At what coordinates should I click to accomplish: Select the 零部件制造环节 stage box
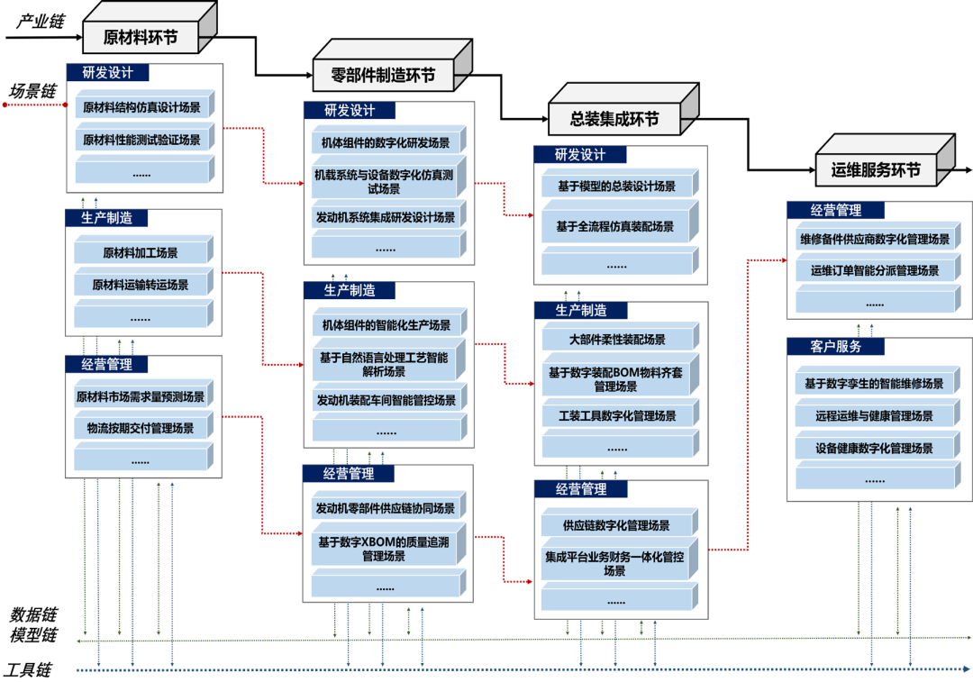(383, 76)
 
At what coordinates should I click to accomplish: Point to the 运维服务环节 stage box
(868, 169)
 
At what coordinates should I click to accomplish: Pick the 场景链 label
(33, 91)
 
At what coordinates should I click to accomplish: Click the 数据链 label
(33, 615)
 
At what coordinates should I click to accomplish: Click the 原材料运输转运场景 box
(141, 285)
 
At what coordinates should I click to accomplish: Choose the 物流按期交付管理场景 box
(141, 428)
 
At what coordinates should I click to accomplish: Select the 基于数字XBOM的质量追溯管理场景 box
(383, 549)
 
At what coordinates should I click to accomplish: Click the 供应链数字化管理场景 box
(616, 525)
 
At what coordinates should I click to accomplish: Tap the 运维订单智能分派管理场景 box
(874, 270)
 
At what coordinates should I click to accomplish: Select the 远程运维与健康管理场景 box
(874, 416)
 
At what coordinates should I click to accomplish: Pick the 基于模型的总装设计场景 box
(616, 186)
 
